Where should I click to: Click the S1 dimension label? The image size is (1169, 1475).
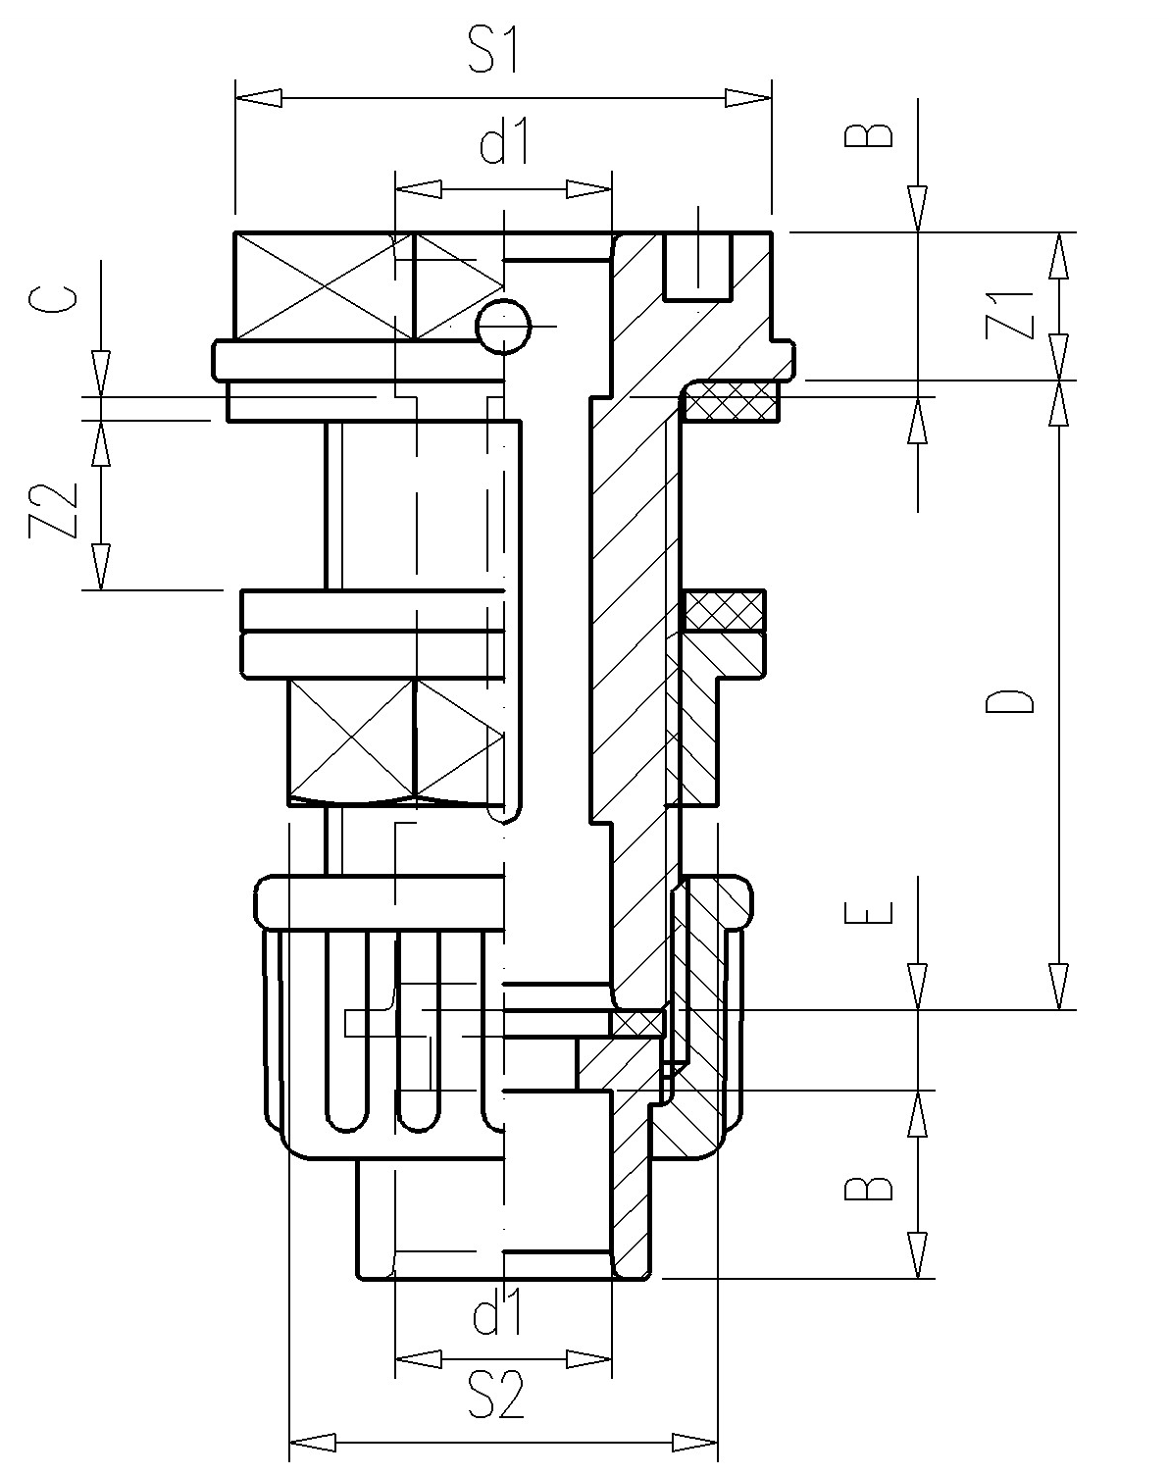pyautogui.click(x=493, y=51)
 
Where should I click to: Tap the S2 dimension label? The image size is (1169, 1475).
pyautogui.click(x=495, y=1395)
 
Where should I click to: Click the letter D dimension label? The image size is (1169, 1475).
pyautogui.click(x=1010, y=702)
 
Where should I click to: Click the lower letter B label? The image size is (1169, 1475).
pyautogui.click(x=869, y=1189)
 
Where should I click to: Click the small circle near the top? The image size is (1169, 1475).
pyautogui.click(x=503, y=326)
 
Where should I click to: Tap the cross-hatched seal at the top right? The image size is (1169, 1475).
pyautogui.click(x=731, y=401)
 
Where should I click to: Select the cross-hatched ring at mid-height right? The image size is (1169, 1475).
pyautogui.click(x=724, y=611)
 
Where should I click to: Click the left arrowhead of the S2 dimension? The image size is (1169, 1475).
pyautogui.click(x=314, y=1443)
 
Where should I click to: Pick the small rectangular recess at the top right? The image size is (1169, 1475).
pyautogui.click(x=697, y=266)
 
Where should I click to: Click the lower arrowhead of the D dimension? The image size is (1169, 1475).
pyautogui.click(x=1058, y=986)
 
